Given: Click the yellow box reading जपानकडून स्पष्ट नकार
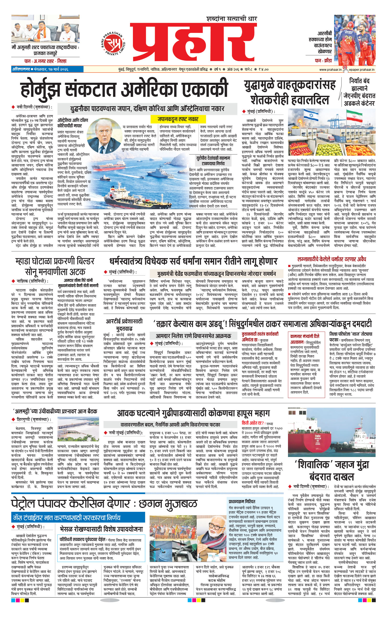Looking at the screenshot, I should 178,119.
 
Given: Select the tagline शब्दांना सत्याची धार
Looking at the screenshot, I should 231,19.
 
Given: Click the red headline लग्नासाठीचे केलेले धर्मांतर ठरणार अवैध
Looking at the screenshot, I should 331,259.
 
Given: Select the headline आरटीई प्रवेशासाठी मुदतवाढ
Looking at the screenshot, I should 124,325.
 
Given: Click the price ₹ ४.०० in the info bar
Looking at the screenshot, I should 263,69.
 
